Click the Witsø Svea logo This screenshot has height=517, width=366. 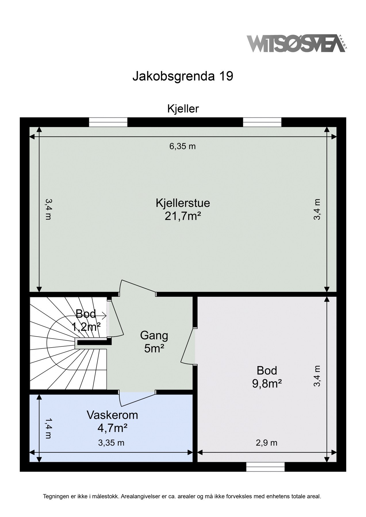pyautogui.click(x=297, y=43)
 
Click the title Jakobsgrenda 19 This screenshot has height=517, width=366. pyautogui.click(x=183, y=76)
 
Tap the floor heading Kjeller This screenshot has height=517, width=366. pyautogui.click(x=183, y=109)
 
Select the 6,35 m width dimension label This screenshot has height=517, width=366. pyautogui.click(x=183, y=146)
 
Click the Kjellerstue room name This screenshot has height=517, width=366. pyautogui.click(x=183, y=203)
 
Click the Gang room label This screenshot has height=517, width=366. pyautogui.click(x=154, y=335)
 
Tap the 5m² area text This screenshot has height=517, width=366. pyautogui.click(x=154, y=348)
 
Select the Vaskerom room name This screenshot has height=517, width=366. pyautogui.click(x=112, y=415)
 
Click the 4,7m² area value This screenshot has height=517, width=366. pyautogui.click(x=112, y=428)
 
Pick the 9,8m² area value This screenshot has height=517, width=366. pyautogui.click(x=267, y=384)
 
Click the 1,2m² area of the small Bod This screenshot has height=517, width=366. pyautogui.click(x=86, y=327)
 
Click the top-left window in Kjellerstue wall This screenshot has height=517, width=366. pyautogui.click(x=108, y=122)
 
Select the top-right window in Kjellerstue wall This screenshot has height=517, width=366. pyautogui.click(x=262, y=122)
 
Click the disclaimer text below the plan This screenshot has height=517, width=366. pyautogui.click(x=182, y=496)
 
